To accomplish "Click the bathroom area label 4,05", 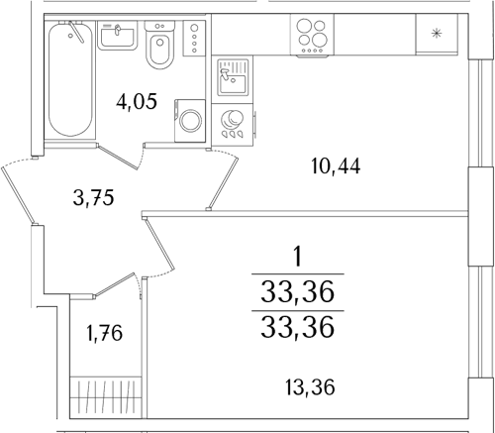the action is pos(137,101).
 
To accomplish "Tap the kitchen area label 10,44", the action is pos(336,166).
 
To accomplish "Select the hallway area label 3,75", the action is pos(93,198).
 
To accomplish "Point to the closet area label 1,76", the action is pos(104,333).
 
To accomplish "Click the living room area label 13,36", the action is pos(310,387).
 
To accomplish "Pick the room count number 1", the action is pos(298,258).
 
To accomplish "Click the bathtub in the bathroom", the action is pos(70,79).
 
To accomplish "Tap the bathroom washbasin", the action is pos(117,36).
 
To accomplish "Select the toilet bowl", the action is pos(159,45).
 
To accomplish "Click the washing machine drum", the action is pos(190,121).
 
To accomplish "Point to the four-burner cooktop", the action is pos(312,35).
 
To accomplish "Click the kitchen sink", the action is pos(233,77).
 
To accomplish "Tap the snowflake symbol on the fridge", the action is pos(437,34).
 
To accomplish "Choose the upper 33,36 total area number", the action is pos(297,292).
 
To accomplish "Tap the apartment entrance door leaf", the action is pos(18,195).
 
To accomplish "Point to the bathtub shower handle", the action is pos(76,32).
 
